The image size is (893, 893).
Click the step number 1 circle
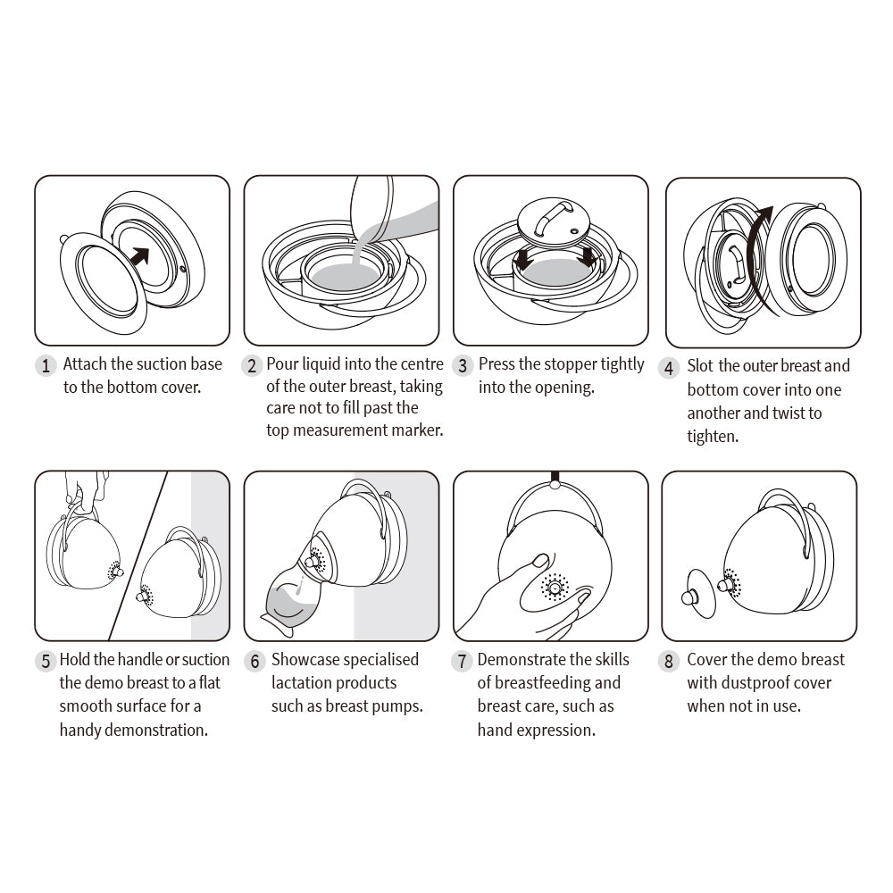pos(45,365)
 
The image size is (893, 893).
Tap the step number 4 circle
pos(669,367)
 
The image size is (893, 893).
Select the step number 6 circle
pos(255,661)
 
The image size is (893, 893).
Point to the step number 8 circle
pos(669,661)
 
